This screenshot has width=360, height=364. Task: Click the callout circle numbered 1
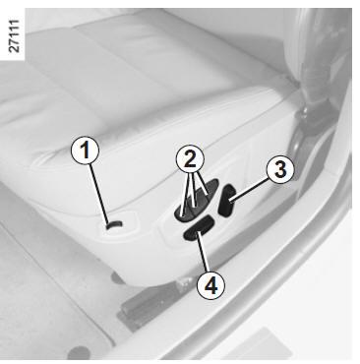pyautogui.click(x=86, y=151)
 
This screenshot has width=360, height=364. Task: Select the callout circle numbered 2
pyautogui.click(x=190, y=159)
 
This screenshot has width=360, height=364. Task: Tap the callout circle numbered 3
pyautogui.click(x=280, y=169)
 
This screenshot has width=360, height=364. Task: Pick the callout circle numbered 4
pyautogui.click(x=210, y=285)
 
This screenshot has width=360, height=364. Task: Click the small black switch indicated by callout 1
pyautogui.click(x=114, y=224)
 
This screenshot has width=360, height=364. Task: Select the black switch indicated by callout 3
pyautogui.click(x=227, y=201)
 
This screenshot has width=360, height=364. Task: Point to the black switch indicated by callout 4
pyautogui.click(x=199, y=228)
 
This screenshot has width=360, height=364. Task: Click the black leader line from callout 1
pyautogui.click(x=99, y=194)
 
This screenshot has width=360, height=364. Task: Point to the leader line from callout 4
pyautogui.click(x=204, y=252)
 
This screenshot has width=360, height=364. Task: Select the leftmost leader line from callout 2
pyautogui.click(x=185, y=194)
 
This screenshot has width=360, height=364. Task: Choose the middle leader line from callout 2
pyautogui.click(x=193, y=190)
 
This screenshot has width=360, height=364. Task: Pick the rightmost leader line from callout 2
pyautogui.click(x=201, y=184)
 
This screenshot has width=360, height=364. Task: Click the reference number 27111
pyautogui.click(x=14, y=36)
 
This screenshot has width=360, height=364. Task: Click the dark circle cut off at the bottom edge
pyautogui.click(x=79, y=353)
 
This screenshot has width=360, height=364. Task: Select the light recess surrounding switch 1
pyautogui.click(x=118, y=226)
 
